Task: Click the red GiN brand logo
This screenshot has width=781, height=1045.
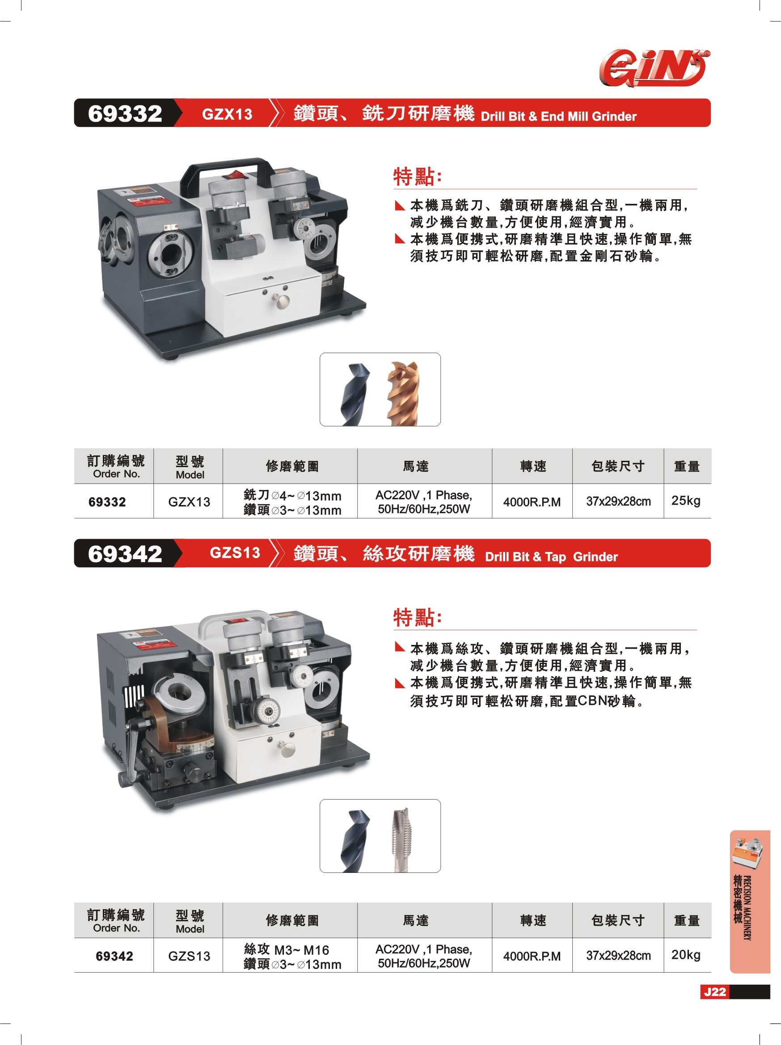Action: click(x=654, y=68)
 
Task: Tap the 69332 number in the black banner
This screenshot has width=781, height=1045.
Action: click(x=125, y=114)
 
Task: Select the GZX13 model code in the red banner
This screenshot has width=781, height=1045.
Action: click(x=227, y=114)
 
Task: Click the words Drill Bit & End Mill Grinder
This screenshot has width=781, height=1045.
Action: click(x=558, y=116)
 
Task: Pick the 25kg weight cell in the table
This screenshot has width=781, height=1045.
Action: click(x=686, y=501)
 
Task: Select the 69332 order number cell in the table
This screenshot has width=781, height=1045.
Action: click(x=107, y=501)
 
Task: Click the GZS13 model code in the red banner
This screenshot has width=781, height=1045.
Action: click(x=235, y=553)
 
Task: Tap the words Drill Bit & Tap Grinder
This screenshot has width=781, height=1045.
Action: click(x=551, y=557)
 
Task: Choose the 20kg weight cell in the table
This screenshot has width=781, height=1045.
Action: click(x=686, y=955)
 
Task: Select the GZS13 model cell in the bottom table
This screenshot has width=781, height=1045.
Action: click(x=189, y=956)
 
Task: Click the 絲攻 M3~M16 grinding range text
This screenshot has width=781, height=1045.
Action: click(x=286, y=949)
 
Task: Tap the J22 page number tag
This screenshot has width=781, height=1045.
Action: click(x=715, y=992)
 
